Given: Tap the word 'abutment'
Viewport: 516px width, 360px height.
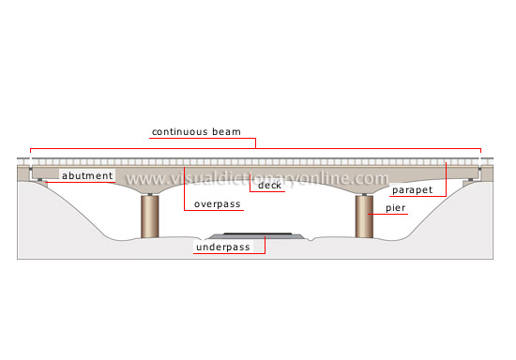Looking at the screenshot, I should tap(88, 175).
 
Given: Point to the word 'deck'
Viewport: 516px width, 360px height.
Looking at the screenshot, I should tap(270, 185).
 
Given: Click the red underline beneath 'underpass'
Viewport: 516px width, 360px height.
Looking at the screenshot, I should tap(228, 254).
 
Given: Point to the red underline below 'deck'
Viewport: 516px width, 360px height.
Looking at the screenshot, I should tap(270, 193).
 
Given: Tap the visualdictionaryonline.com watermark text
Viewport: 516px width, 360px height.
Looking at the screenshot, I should tap(257, 178).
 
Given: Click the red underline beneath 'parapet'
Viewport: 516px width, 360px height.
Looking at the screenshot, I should tap(412, 196).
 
